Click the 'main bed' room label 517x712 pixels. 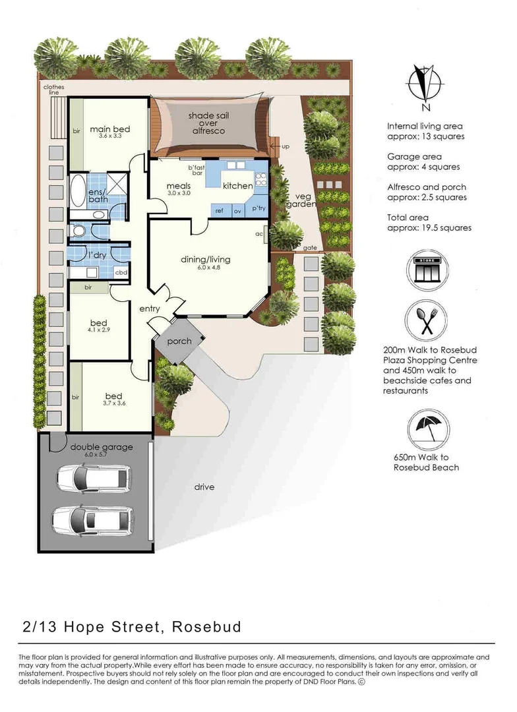pos(109,129)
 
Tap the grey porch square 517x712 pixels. pos(179,341)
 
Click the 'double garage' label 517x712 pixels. pos(102,447)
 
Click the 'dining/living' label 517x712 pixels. pos(206,259)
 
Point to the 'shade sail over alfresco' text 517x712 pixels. pos(206,123)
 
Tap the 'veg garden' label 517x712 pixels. pos(302,200)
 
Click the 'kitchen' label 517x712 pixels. pos(237,186)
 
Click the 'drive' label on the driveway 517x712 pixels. pos(204,487)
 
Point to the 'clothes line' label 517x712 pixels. pos(51,90)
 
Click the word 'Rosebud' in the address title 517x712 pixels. pos(206,626)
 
